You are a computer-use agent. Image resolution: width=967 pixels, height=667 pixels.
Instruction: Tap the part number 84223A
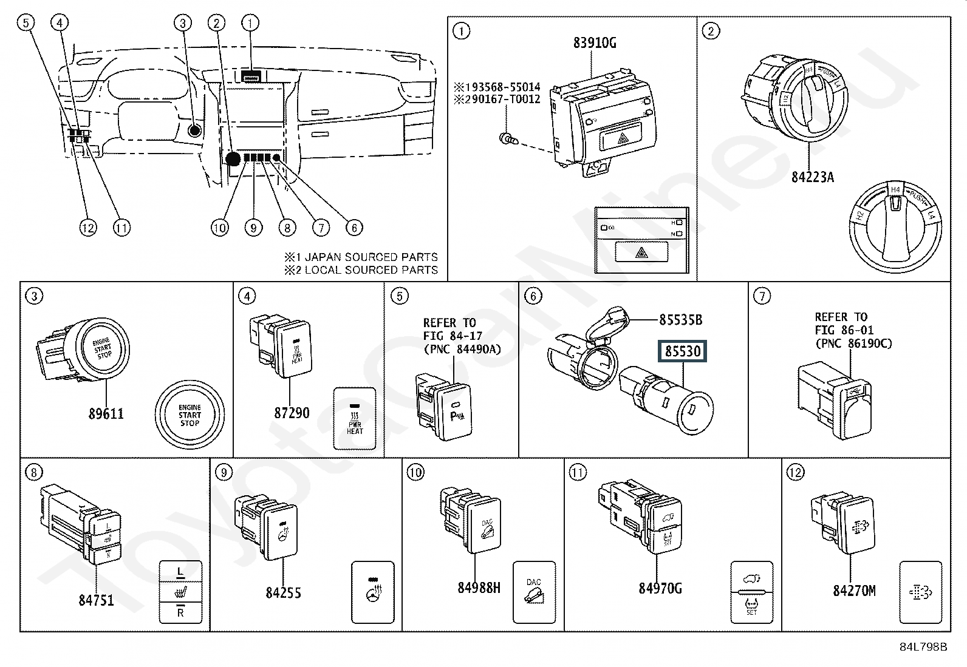point(812,177)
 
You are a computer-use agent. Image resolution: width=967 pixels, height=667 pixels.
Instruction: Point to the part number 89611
point(106,413)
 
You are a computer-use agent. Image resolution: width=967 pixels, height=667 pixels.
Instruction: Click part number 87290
point(292,413)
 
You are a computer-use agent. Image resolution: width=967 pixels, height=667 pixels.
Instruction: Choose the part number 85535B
point(680,319)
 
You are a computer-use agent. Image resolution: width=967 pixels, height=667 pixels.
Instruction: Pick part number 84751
point(96,600)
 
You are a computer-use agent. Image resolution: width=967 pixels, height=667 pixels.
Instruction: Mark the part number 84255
point(283,592)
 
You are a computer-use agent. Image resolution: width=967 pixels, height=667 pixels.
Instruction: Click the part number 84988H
point(479,587)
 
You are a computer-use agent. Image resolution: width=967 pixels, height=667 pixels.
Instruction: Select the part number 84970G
point(660,588)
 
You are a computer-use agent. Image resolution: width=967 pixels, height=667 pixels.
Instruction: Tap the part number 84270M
point(853,591)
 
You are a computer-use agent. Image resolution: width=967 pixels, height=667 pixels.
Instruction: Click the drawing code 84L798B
point(923,647)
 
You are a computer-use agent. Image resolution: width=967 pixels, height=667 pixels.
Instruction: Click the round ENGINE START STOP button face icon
point(190,416)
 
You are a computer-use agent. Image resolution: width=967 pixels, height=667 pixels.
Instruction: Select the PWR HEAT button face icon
point(355,419)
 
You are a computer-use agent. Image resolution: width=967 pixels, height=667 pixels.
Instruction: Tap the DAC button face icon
point(534,592)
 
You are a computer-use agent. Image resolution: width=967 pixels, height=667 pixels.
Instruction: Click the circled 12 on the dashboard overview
point(87,228)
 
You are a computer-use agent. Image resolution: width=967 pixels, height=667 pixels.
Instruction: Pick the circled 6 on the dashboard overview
point(354,228)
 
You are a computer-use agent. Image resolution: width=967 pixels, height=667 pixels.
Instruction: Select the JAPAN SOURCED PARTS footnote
point(361,257)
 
